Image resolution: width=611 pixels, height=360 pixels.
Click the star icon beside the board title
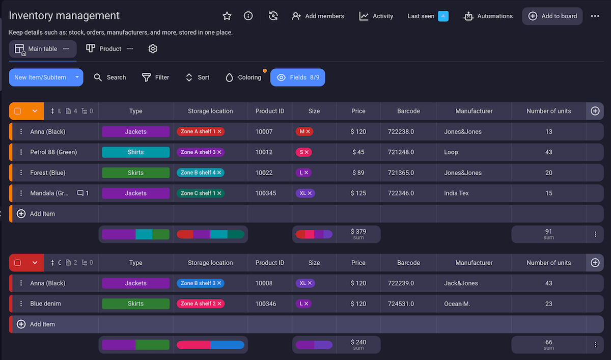coord(227,16)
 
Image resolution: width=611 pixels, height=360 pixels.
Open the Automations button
coord(488,16)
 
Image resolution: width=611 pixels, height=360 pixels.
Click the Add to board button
coord(552,16)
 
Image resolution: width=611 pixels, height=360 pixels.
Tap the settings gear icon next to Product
coord(153,49)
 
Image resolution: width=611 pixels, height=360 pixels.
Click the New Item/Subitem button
coord(40,77)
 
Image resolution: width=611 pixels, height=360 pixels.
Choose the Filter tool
coord(155,77)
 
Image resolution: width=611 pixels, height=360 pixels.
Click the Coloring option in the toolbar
coord(243,77)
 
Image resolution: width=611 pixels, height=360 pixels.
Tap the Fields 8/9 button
coord(298,77)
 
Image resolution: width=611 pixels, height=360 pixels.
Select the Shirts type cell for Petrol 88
coord(135,152)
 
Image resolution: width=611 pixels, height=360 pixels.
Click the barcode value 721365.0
coord(401,173)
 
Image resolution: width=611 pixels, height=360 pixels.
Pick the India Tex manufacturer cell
coord(456,193)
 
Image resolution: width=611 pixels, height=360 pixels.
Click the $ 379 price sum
coord(358,234)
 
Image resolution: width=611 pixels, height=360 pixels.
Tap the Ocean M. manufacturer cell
coord(457,304)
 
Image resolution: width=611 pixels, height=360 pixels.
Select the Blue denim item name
coord(45,304)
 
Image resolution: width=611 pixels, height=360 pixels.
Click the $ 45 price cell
coord(358,152)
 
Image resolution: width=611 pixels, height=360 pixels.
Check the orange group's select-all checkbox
coord(18,111)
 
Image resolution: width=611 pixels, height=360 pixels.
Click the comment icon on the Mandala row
coord(80,193)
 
